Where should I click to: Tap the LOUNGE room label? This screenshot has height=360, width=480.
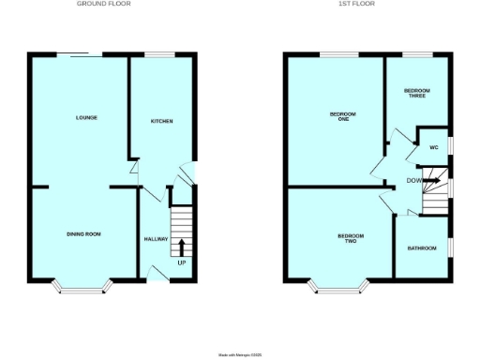point(87,118)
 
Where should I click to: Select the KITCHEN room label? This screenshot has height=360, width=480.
point(162,122)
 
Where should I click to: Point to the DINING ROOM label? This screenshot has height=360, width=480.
point(82,233)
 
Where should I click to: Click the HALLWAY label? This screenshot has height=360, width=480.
point(156,239)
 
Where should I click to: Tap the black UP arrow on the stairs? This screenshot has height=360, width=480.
point(181,248)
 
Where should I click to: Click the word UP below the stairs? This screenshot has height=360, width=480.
point(182,262)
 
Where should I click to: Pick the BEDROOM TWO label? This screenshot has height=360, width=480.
point(350,238)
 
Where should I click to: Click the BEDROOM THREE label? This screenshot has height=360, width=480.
point(417,93)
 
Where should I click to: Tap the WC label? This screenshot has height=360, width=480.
point(434,148)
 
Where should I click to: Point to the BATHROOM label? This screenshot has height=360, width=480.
point(422,248)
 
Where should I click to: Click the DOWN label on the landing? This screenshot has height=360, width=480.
point(414,180)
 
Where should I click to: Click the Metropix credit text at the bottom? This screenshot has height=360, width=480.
point(240,354)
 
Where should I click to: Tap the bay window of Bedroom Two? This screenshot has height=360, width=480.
point(340,285)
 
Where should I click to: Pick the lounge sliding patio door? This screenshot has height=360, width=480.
point(76,54)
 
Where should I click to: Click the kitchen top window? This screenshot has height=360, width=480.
point(163,54)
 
